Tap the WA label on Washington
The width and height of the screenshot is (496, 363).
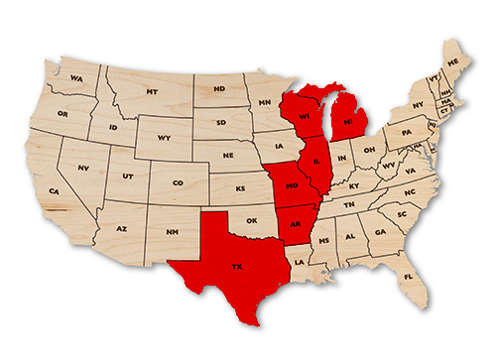[75, 77]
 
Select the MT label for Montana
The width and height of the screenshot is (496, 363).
[152, 91]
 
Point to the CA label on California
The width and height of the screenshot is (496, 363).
[55, 190]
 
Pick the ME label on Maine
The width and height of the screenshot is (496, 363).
[453, 62]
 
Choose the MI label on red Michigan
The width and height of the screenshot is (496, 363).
[348, 124]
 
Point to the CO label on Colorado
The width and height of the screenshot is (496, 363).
[178, 182]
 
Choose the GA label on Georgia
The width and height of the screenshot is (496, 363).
[379, 233]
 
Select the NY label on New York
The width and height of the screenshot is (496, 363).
[418, 105]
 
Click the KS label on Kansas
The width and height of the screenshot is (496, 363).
[238, 188]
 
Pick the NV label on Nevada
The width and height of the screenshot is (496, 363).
[83, 168]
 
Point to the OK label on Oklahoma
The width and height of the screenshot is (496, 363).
[251, 221]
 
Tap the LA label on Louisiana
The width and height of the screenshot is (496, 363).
[298, 261]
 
